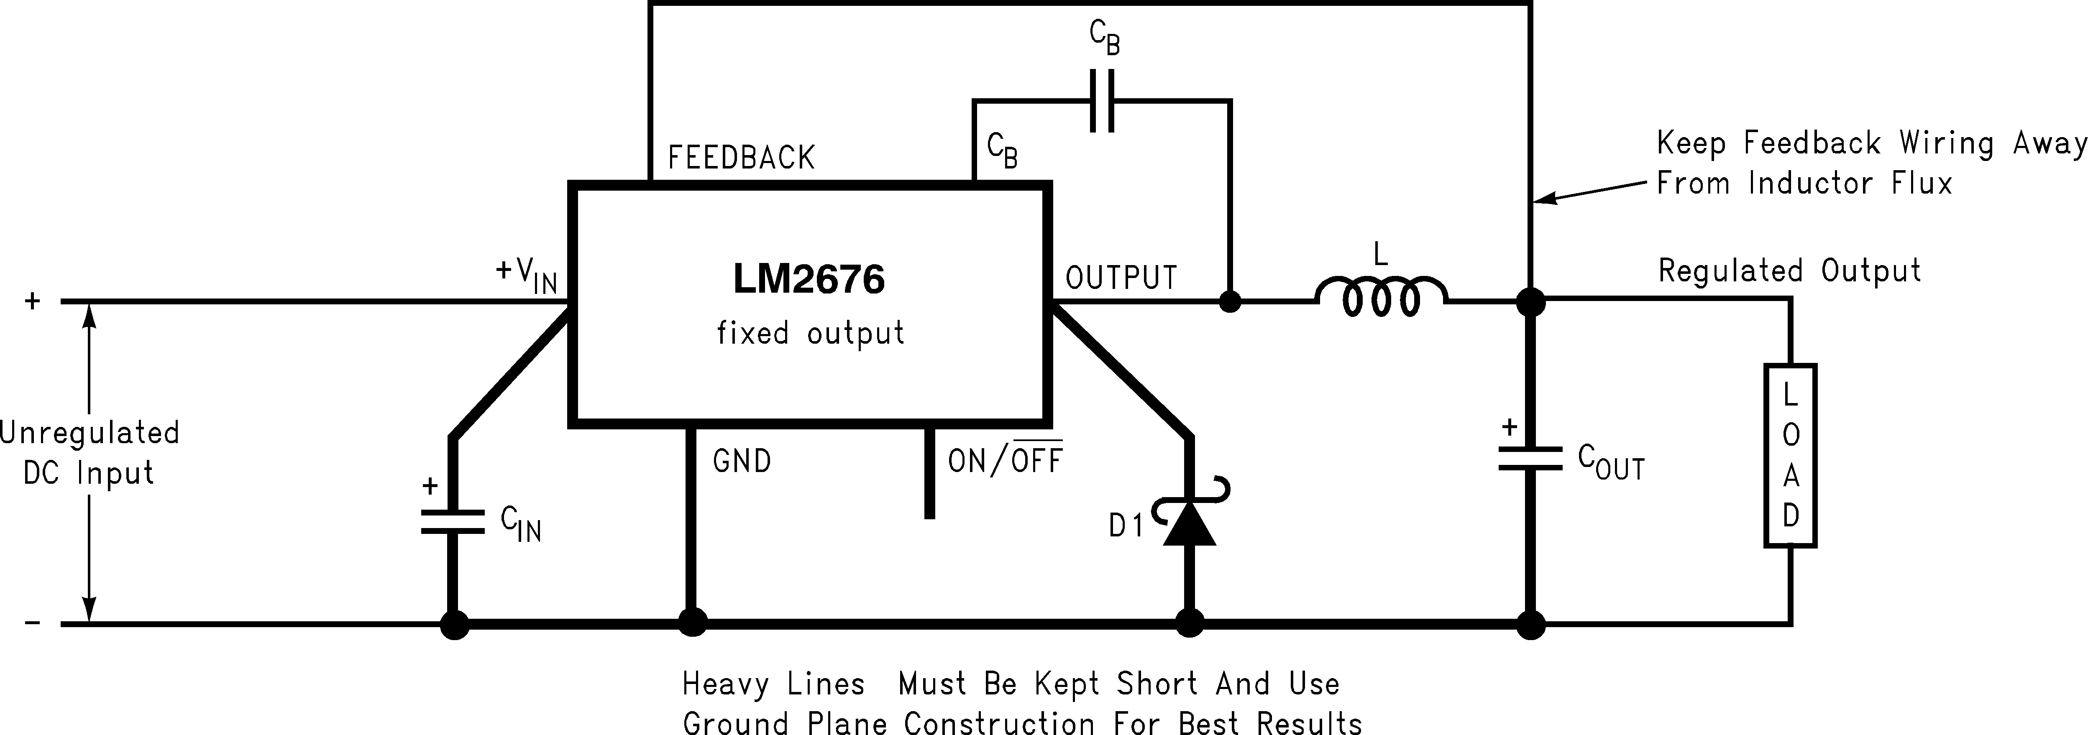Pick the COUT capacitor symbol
(1530, 459)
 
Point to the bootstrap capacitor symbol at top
(1102, 100)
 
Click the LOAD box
(1790, 455)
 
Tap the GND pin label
(742, 461)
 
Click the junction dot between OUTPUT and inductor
(1230, 301)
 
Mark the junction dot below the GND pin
(691, 624)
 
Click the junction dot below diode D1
(1189, 624)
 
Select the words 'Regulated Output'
(1789, 271)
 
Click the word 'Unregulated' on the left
(89, 433)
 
